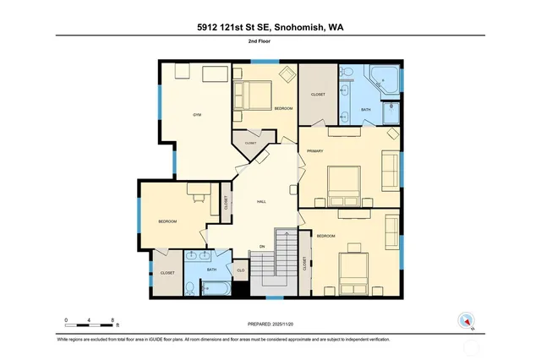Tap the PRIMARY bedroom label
[315, 150]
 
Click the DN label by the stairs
[262, 247]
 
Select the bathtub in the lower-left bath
[216, 288]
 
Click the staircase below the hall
[286, 262]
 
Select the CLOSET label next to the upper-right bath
[318, 94]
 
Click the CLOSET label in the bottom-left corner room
[167, 273]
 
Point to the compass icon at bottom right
[465, 321]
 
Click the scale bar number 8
[113, 319]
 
